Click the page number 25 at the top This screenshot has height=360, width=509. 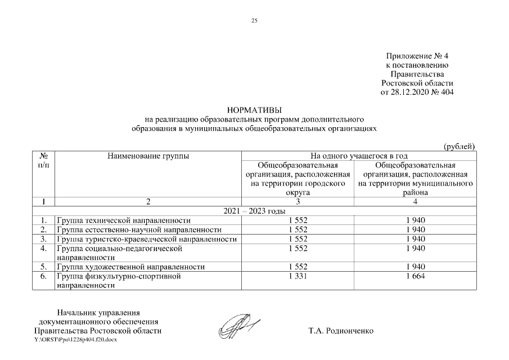pyautogui.click(x=254, y=21)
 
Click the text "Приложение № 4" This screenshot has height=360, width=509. pyautogui.click(x=417, y=56)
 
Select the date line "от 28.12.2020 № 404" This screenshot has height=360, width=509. pyautogui.click(x=417, y=92)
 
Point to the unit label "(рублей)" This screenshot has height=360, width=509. pyautogui.click(x=460, y=146)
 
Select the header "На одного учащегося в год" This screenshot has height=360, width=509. pyautogui.click(x=359, y=156)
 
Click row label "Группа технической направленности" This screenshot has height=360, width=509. pyautogui.click(x=123, y=220)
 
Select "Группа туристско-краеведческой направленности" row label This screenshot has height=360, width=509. pyautogui.click(x=146, y=239)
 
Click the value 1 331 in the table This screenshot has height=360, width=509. pyautogui.click(x=298, y=276)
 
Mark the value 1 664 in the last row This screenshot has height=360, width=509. pyautogui.click(x=415, y=276)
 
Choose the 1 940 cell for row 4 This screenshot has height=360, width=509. pyautogui.click(x=415, y=248)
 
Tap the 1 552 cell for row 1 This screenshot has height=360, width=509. pyautogui.click(x=298, y=220)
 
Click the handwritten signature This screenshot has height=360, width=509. pyautogui.click(x=238, y=326)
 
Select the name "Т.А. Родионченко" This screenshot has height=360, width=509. pyautogui.click(x=340, y=331)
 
